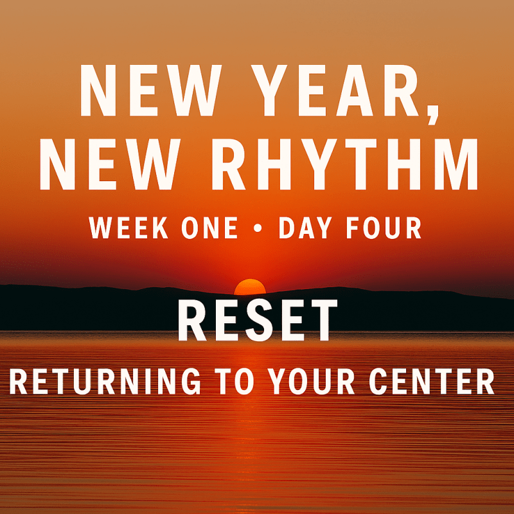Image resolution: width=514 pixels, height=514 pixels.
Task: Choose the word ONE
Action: pyautogui.click(x=209, y=228)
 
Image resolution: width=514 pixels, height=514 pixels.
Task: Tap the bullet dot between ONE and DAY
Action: pyautogui.click(x=259, y=229)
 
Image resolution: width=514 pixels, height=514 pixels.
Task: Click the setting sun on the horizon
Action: pyautogui.click(x=250, y=287)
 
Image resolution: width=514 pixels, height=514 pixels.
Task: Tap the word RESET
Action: pyautogui.click(x=257, y=321)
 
